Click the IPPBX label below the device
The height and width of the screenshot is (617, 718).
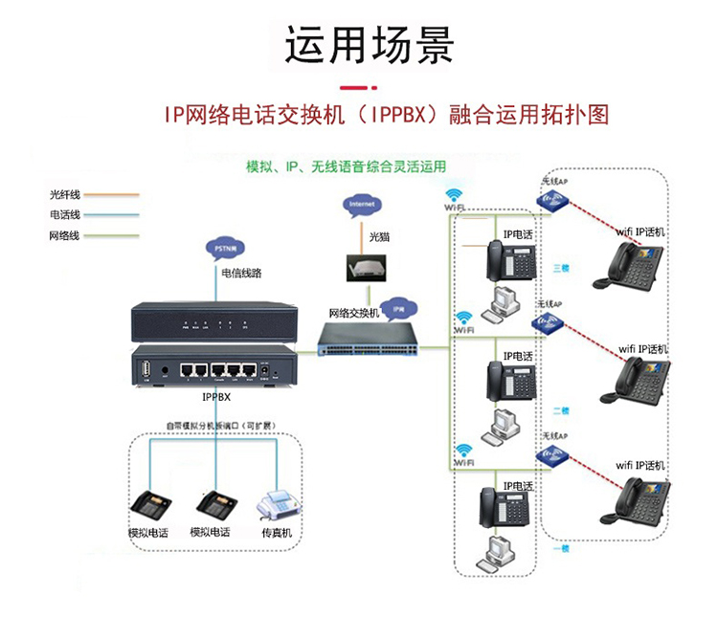(215, 393)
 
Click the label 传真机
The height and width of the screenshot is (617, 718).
(277, 533)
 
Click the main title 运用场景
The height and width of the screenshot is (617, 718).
(370, 46)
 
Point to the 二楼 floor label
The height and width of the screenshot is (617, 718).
(561, 410)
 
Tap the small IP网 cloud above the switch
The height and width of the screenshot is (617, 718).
(399, 310)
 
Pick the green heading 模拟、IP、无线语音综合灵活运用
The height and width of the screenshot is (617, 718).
(346, 166)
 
